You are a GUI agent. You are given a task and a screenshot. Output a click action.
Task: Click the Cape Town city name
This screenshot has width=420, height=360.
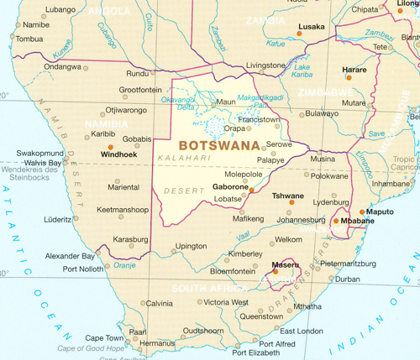103,338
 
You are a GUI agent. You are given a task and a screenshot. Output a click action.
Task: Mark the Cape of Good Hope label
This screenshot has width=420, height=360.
91,347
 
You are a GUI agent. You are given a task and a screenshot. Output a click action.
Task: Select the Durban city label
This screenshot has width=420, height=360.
347,279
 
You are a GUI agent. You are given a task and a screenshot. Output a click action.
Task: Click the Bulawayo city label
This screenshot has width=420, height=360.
323,112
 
